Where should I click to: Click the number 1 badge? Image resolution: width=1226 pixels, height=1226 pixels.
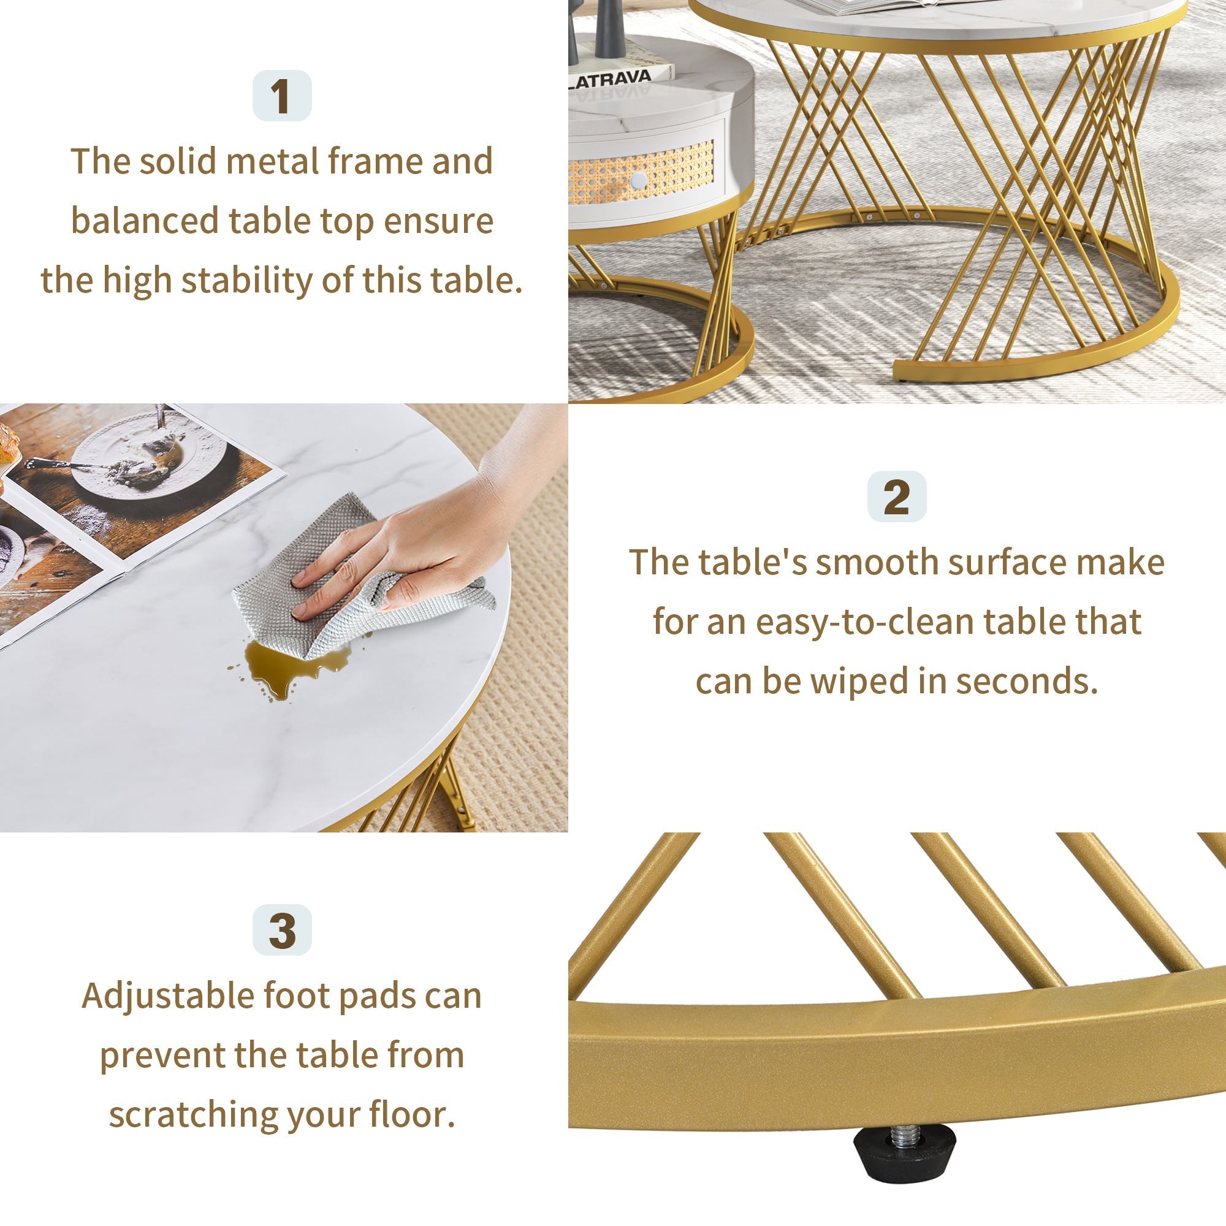click(x=282, y=96)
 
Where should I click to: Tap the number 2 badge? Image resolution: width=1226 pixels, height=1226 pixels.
click(x=896, y=497)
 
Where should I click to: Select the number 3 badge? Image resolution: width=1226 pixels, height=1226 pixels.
click(x=282, y=931)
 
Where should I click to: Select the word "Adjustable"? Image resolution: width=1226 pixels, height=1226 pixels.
click(x=167, y=996)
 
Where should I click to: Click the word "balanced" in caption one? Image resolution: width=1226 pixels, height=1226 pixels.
click(x=145, y=221)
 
